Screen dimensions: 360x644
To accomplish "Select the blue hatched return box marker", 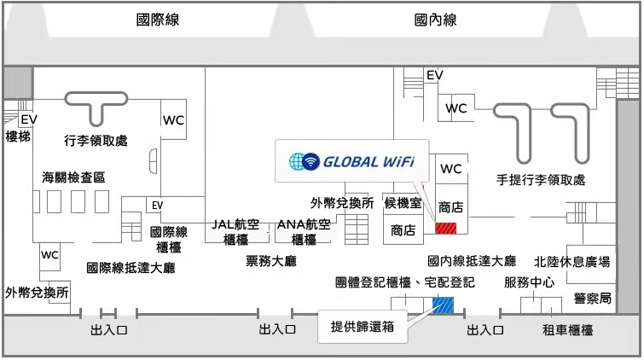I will pos(444,304).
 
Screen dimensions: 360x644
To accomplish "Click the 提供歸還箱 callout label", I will pos(362,327).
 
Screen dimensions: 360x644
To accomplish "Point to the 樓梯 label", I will pos(18,136).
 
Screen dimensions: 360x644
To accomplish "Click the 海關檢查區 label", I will pos(73,177).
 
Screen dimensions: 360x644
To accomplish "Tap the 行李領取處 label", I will pos(96,140).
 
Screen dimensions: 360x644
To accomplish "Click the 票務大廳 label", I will pos(270,260).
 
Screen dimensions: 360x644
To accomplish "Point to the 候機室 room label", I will pos(403,203).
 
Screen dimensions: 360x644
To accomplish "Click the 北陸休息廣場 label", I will pos(571,261).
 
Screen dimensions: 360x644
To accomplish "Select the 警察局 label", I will pos(593,298).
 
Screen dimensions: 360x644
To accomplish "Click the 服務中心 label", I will pos(529,282).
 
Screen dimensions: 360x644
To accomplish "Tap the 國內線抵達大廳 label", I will pos(472,261).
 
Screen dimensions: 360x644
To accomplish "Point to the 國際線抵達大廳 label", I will pos(131,268).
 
